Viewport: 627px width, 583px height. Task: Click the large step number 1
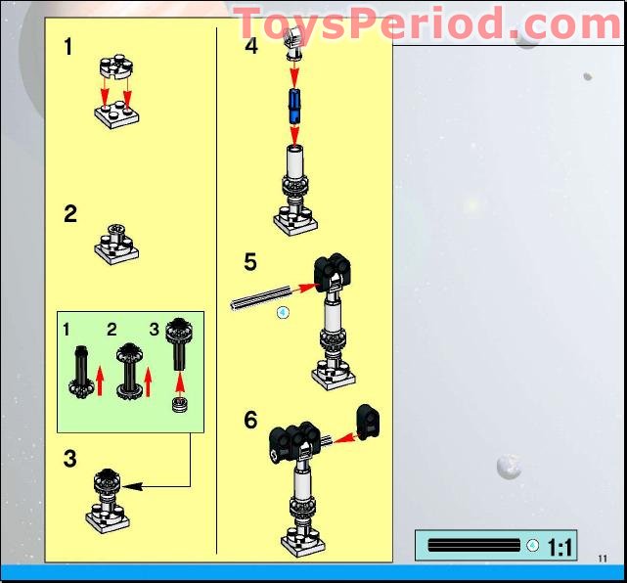pyautogui.click(x=67, y=46)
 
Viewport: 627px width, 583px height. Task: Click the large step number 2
pyautogui.click(x=70, y=213)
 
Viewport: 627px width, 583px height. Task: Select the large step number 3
pyautogui.click(x=70, y=459)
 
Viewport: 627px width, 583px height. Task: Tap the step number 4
pyautogui.click(x=251, y=45)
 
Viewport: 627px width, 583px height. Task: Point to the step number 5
pyautogui.click(x=251, y=262)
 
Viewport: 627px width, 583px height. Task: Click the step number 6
pyautogui.click(x=251, y=420)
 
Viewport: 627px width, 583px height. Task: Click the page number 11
pyautogui.click(x=603, y=559)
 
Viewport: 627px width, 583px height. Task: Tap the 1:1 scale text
pyautogui.click(x=560, y=547)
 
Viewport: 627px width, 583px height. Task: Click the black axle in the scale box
pyautogui.click(x=473, y=545)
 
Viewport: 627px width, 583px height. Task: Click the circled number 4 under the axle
pyautogui.click(x=284, y=313)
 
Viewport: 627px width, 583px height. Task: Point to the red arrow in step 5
pyautogui.click(x=306, y=288)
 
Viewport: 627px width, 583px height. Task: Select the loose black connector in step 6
pyautogui.click(x=368, y=420)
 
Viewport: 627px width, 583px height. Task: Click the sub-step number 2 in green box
pyautogui.click(x=112, y=330)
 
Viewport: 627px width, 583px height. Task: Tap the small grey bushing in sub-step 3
pyautogui.click(x=179, y=405)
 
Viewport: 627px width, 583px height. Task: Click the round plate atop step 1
pyautogui.click(x=114, y=67)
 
